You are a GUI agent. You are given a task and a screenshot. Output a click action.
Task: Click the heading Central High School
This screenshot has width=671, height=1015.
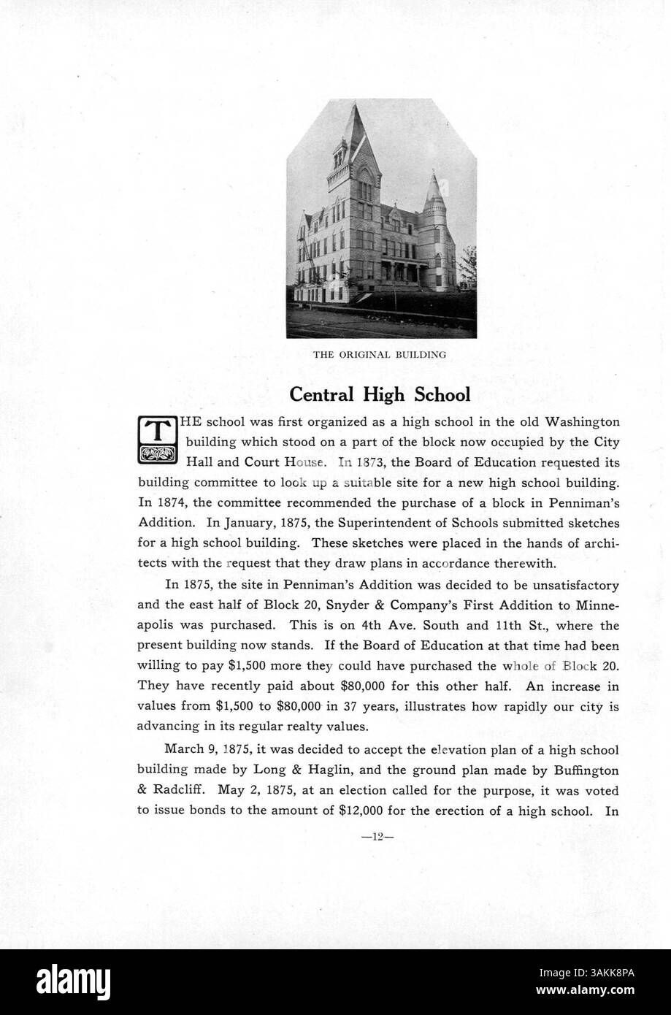(x=380, y=394)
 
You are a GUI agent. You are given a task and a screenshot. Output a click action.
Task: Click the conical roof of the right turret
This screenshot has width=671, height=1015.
(x=435, y=188)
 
